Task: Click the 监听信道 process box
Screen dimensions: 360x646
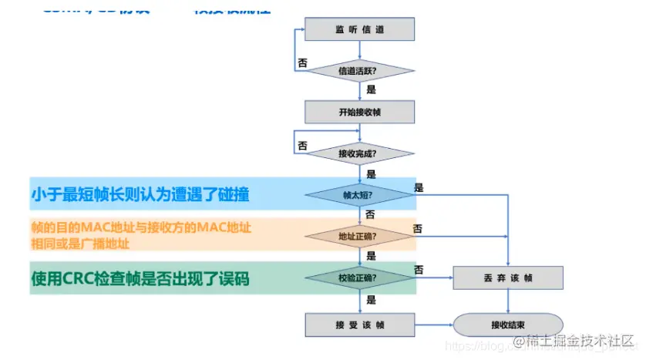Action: coord(360,29)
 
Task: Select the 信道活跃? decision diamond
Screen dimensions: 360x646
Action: coord(360,71)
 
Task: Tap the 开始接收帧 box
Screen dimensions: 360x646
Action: coord(360,112)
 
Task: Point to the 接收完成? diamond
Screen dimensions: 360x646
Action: coord(360,153)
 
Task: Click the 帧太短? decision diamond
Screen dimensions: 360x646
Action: coord(360,195)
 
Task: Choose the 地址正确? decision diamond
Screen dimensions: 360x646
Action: coord(360,236)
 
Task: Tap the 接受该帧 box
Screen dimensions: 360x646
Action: coord(360,324)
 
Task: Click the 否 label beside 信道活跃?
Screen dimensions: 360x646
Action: coord(302,63)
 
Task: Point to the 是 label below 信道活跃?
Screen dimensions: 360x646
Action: coord(372,89)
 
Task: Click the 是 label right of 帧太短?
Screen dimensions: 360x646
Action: coord(419,187)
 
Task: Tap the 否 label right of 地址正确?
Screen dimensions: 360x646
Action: coord(417,228)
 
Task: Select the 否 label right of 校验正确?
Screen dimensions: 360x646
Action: coord(419,269)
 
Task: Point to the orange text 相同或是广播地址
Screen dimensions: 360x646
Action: coord(80,244)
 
